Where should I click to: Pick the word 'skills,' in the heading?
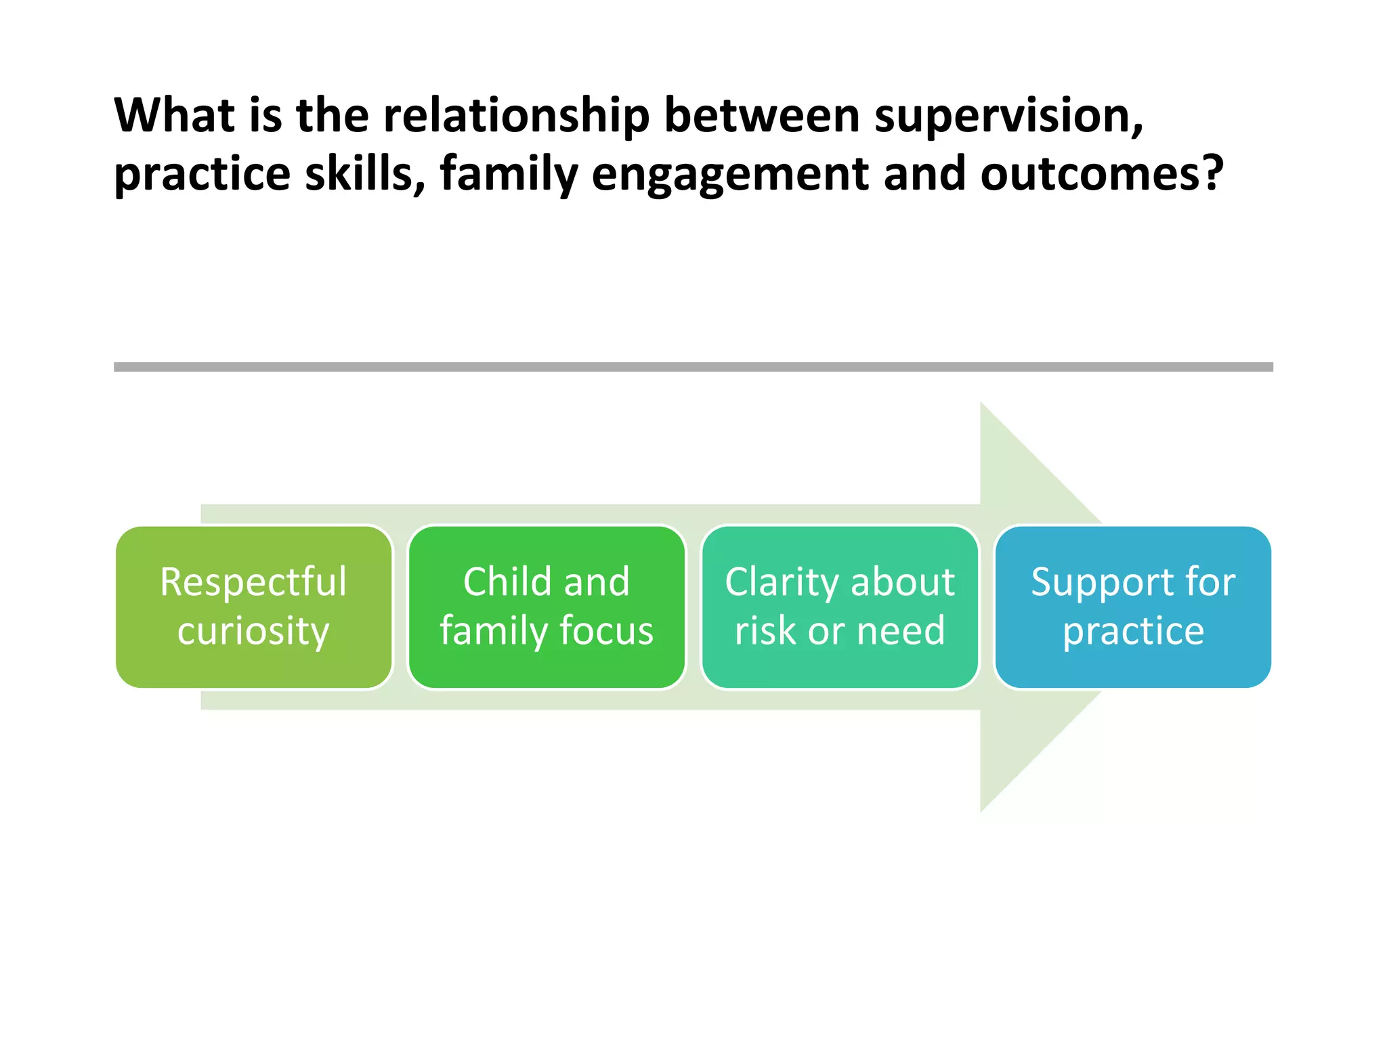364,174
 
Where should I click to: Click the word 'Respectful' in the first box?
253,582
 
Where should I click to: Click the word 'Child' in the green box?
506,582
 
